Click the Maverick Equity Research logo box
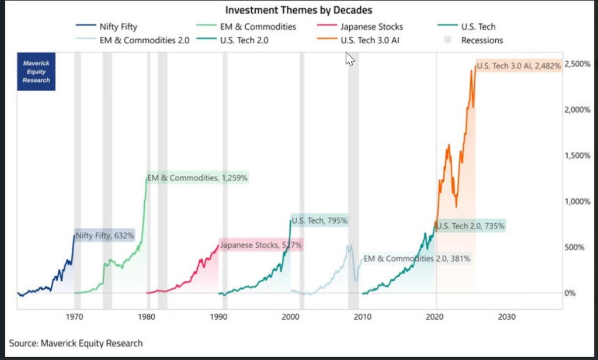pos(36,72)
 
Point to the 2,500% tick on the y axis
pos(578,64)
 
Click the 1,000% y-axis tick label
pos(578,202)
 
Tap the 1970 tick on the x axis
pos(74,316)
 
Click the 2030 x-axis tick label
pos(506,316)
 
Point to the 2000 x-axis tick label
pos(290,316)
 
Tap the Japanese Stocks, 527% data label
pos(261,245)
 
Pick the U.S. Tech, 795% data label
pos(319,221)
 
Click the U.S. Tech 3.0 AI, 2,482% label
pos(518,66)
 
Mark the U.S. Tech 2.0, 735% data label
pos(471,226)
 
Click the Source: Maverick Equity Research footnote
pos(76,343)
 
